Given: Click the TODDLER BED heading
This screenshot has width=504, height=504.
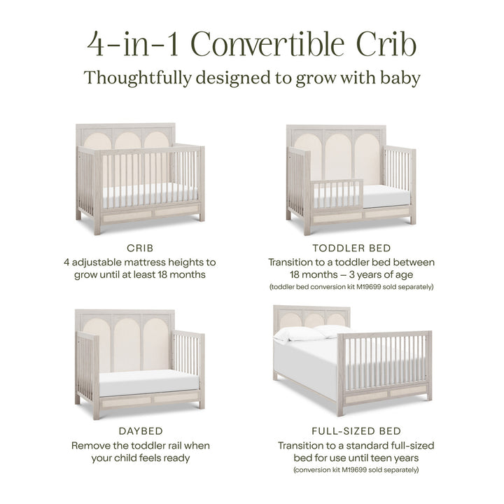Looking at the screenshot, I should (x=351, y=248).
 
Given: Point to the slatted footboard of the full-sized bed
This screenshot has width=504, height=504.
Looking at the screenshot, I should (x=384, y=364).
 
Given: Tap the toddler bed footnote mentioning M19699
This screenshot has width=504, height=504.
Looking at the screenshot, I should (x=351, y=287).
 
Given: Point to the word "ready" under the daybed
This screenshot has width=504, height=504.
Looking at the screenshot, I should (x=174, y=458).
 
